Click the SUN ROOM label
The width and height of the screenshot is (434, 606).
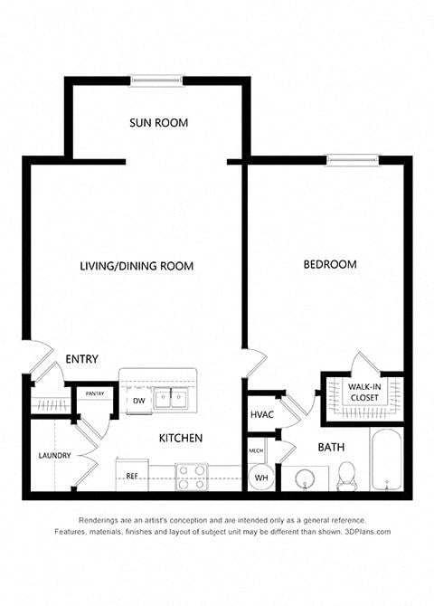(158, 123)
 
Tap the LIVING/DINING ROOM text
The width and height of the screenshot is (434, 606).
(137, 266)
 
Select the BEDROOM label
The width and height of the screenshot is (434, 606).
(330, 264)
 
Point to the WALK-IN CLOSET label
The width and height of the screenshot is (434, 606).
(364, 392)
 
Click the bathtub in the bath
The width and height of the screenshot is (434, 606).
(386, 459)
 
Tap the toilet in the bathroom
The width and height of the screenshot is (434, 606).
(346, 476)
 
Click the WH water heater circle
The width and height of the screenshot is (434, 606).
(261, 478)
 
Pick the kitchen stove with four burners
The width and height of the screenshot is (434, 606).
(192, 477)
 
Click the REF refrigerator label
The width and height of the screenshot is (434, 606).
(132, 476)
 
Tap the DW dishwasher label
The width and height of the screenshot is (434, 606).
(139, 401)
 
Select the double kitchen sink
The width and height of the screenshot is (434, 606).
(170, 399)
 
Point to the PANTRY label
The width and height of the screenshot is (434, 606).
(95, 393)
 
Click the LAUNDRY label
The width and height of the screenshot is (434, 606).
(54, 456)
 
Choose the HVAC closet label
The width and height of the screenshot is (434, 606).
(262, 414)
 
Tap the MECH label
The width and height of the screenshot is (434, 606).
(256, 450)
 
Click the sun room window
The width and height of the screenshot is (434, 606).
(156, 80)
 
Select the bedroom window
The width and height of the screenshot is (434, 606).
(353, 159)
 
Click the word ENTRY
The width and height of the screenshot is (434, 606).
(81, 359)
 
